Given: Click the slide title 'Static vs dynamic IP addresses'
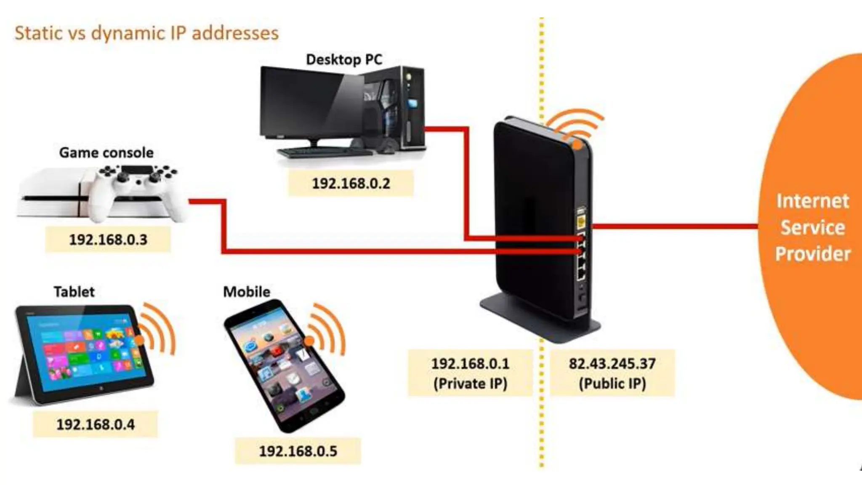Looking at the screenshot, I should tap(146, 33).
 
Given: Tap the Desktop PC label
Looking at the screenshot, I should tap(344, 59).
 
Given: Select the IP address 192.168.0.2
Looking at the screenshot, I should tap(351, 183).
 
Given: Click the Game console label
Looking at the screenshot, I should tap(106, 152).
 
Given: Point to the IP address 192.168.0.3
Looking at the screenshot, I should tap(108, 240).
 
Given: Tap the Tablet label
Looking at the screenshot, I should tap(74, 291).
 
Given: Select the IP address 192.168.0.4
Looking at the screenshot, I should tap(96, 424).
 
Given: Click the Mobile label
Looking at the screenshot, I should tap(247, 291).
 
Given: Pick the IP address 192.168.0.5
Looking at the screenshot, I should tap(298, 451).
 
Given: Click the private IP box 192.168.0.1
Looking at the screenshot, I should tap(470, 373).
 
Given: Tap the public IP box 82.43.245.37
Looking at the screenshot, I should tap(612, 373).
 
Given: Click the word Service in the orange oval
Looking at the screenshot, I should tap(813, 227).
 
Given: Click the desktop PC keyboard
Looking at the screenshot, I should tap(324, 152).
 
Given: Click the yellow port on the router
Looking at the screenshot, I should tap(581, 221).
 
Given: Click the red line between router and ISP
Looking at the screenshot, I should tap(673, 227).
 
